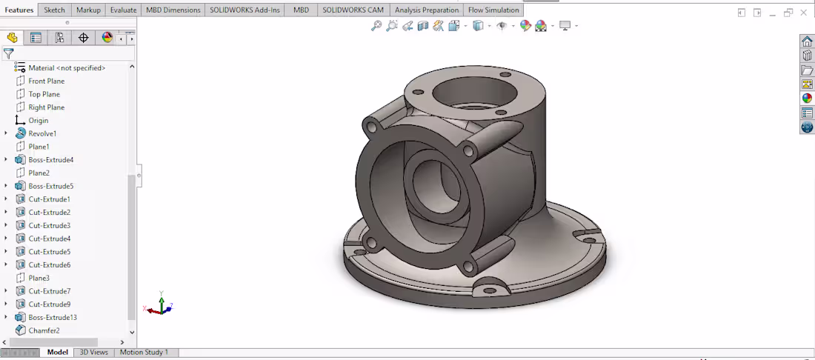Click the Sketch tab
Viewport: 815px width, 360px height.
[x=54, y=10]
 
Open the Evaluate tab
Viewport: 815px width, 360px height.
[x=123, y=10]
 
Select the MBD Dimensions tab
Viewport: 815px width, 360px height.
[x=173, y=10]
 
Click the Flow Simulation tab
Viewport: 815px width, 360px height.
[x=493, y=10]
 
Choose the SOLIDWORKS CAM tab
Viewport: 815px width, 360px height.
[x=353, y=10]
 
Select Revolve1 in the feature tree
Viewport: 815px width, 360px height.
[x=42, y=134]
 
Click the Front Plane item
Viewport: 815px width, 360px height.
[x=46, y=81]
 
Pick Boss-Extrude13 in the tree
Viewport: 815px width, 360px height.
[x=53, y=318]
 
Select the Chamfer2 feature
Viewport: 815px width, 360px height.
[x=44, y=330]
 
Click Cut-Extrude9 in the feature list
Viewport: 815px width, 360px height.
[x=49, y=304]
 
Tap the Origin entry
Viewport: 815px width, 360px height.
[x=38, y=121]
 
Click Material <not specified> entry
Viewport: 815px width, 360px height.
[x=67, y=68]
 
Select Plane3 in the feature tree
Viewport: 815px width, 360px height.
[x=39, y=279]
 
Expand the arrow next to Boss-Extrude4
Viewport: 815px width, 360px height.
[x=6, y=160]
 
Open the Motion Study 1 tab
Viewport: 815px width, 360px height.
[x=144, y=353]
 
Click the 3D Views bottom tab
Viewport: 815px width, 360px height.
[x=93, y=353]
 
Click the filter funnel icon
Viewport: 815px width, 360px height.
[x=8, y=53]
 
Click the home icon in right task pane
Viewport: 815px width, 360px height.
[x=807, y=41]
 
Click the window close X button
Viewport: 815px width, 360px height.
[x=804, y=13]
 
